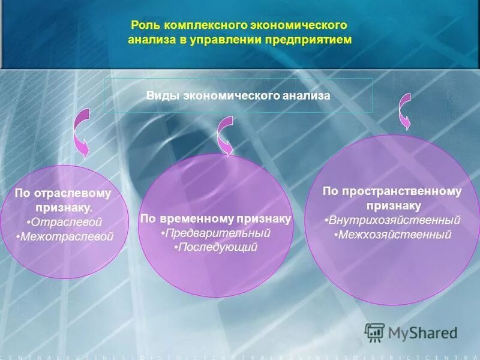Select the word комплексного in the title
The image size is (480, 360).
pos(199,26)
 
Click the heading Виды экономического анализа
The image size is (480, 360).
pos(238,95)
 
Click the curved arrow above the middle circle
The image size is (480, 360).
pos(226,136)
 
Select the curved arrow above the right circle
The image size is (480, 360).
pos(406,111)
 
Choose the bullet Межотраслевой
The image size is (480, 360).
pos(65,236)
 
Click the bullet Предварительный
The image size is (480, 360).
pos(216,233)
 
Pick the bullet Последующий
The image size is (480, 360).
pos(216,247)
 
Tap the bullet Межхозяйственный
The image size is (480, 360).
pos(392,234)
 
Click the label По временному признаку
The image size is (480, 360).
pos(215,219)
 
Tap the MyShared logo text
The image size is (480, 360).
pos(422,332)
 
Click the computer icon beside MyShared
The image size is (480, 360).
pos(374,332)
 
